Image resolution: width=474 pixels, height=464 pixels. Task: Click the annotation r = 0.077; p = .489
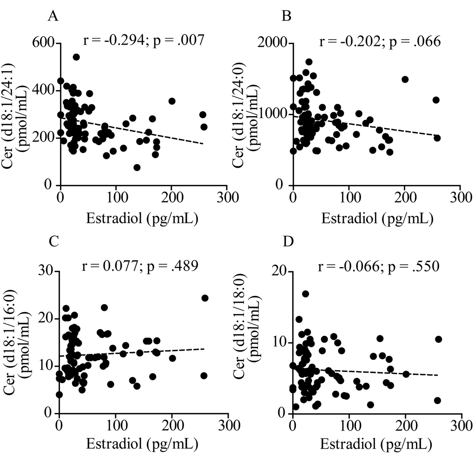coord(139,266)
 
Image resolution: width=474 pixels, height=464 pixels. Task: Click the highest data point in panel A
coord(76,57)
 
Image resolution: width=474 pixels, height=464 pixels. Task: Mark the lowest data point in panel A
coord(137,167)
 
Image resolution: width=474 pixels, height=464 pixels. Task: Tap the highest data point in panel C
coord(204,298)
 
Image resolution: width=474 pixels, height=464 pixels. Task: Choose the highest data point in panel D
coord(305,294)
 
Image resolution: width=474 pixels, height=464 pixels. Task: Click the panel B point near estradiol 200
coord(405,79)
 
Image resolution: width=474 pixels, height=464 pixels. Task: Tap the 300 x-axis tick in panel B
coord(460,196)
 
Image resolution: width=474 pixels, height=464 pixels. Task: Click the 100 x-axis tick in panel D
coord(349,424)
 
